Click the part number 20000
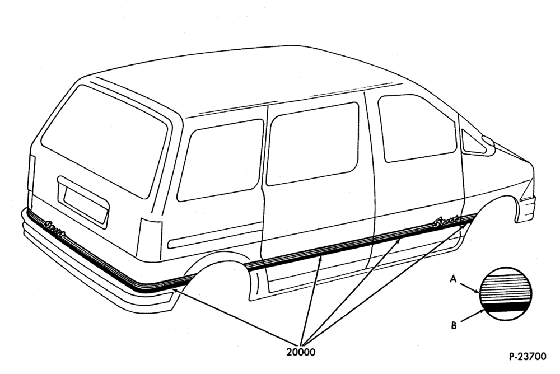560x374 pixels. (x=301, y=352)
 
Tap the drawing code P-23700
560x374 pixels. (x=528, y=357)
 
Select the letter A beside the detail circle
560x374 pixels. (x=453, y=279)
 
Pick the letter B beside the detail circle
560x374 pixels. (x=454, y=325)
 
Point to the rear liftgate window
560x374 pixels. (x=105, y=141)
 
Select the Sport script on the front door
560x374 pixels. (x=446, y=222)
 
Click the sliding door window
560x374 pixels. (x=312, y=143)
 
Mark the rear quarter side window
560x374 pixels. (x=220, y=160)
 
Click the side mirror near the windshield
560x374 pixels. (x=488, y=141)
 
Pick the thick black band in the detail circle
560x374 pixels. (x=505, y=306)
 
